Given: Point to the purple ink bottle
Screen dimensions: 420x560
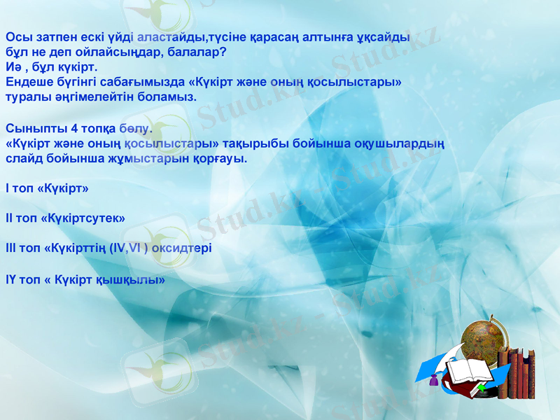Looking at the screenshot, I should point(434,381).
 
